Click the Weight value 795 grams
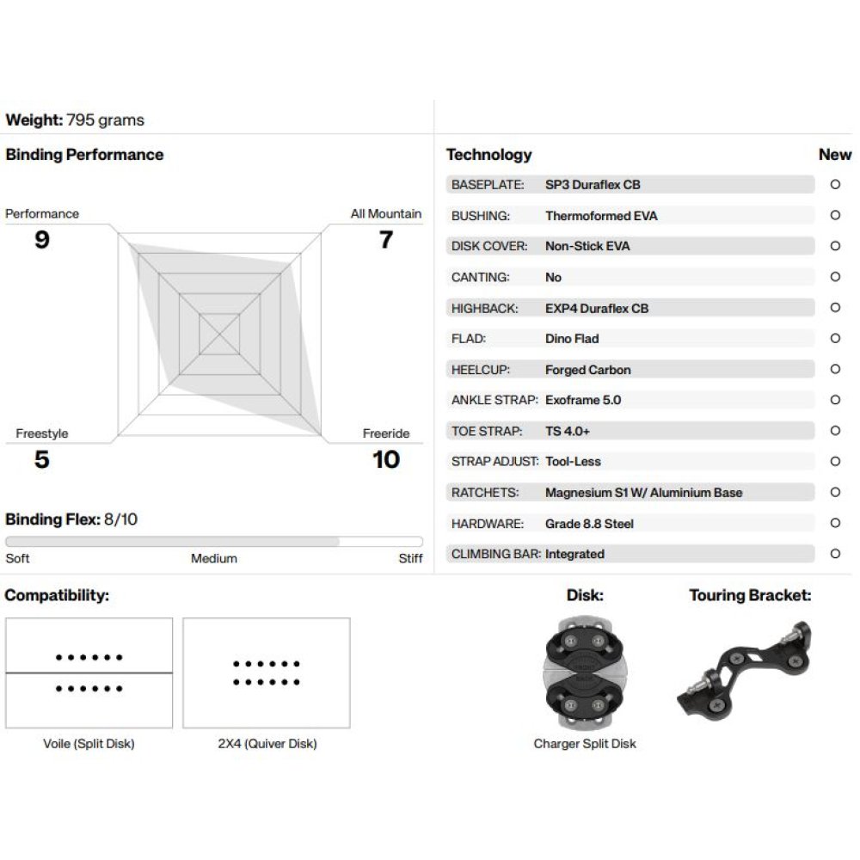[105, 120]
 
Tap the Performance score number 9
[41, 240]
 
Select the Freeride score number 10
[386, 460]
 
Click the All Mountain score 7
[386, 240]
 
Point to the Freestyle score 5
[41, 460]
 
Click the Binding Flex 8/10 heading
[71, 519]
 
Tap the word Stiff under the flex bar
[410, 559]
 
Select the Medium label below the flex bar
[214, 559]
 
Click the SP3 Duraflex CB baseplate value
[593, 185]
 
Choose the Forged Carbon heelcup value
[587, 370]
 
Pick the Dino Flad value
[572, 339]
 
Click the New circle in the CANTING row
[834, 277]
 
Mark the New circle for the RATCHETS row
[834, 493]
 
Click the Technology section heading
[488, 155]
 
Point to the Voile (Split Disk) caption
[89, 744]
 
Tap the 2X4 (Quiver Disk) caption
[267, 744]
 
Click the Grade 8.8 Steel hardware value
[589, 524]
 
